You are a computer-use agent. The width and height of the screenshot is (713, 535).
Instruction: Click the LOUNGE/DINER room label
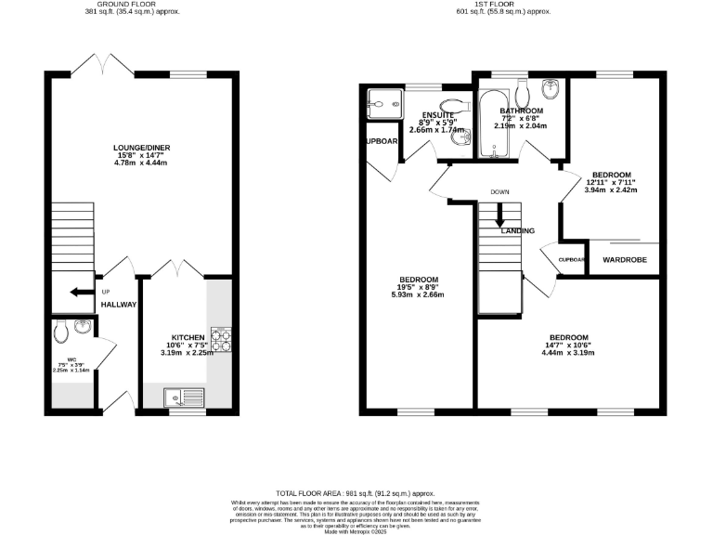click(142, 147)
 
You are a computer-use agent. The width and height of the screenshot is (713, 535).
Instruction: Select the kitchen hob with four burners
click(221, 339)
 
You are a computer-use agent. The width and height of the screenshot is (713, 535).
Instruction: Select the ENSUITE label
click(437, 114)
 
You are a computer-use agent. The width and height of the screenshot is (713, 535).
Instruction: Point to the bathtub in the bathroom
click(489, 122)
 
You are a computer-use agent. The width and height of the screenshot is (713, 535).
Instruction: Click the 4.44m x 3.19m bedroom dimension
click(568, 353)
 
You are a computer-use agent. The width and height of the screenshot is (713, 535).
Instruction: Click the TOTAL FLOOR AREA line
click(356, 493)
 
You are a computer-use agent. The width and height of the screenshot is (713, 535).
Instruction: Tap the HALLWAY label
click(119, 305)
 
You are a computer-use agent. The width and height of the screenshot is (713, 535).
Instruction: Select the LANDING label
click(518, 230)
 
